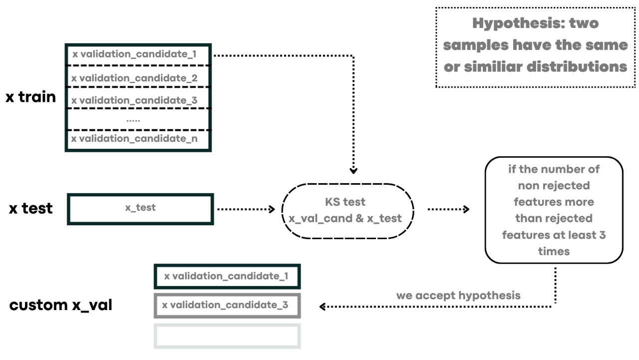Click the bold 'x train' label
pyautogui.click(x=31, y=97)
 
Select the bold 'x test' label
pyautogui.click(x=31, y=208)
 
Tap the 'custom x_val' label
pyautogui.click(x=60, y=305)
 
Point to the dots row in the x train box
pyautogui.click(x=133, y=119)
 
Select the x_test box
pyautogui.click(x=140, y=208)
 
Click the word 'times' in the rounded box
pyautogui.click(x=554, y=251)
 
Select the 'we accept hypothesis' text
pyautogui.click(x=458, y=295)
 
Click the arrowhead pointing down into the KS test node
pyautogui.click(x=353, y=171)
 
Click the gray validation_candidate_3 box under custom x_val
pyautogui.click(x=227, y=305)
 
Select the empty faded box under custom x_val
pyautogui.click(x=227, y=336)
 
